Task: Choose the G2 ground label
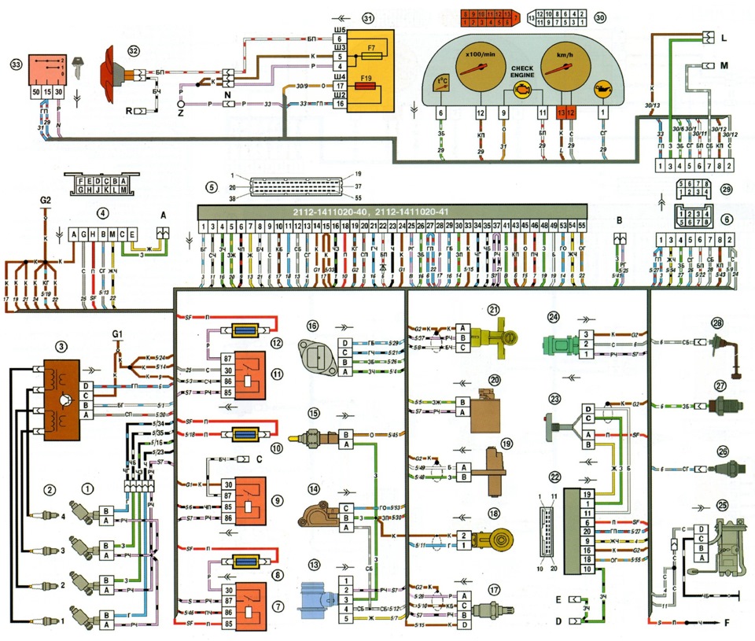click(45, 201)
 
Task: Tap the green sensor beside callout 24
click(563, 344)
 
